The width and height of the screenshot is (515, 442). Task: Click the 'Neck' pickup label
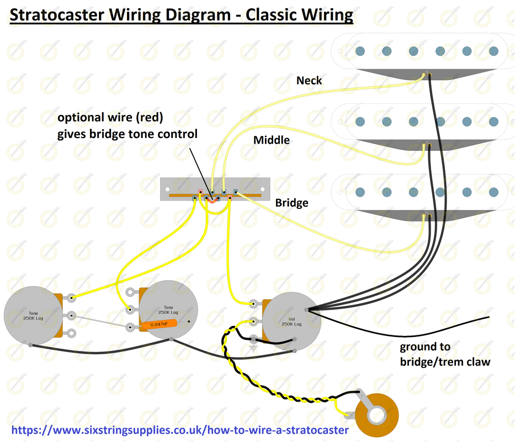(x=309, y=81)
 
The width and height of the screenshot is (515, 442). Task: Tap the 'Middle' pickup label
(x=271, y=140)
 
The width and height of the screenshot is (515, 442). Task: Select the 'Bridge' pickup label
(x=291, y=203)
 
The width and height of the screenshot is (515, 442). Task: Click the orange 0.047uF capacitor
(x=159, y=324)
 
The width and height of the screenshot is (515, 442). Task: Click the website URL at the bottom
(x=179, y=430)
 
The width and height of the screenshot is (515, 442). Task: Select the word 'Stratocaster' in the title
(x=58, y=14)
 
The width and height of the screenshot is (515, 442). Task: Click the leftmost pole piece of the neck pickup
(x=360, y=51)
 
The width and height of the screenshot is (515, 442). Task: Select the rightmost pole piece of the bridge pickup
(x=493, y=192)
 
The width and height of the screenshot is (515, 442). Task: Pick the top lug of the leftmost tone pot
(x=71, y=297)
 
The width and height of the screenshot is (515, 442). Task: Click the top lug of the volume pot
(x=253, y=303)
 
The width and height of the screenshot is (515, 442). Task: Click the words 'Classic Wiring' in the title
(x=299, y=14)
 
